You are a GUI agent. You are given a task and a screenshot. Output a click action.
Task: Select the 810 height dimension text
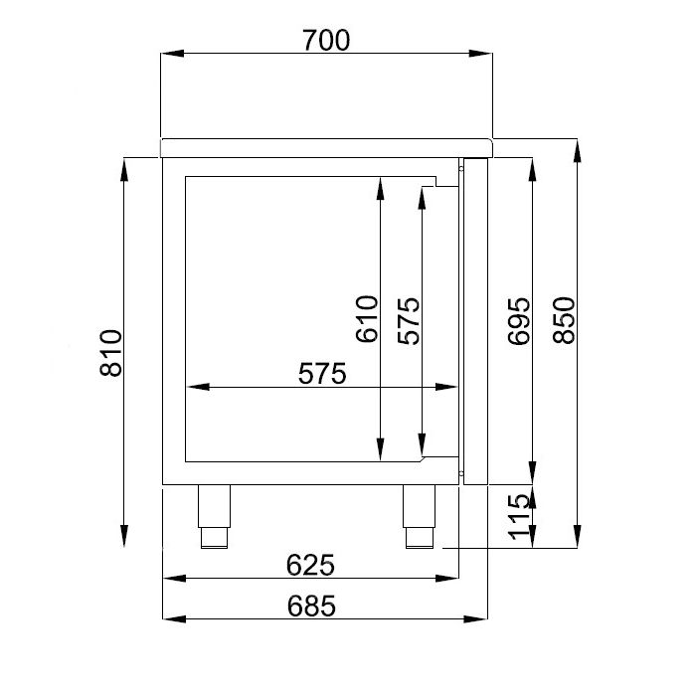click(110, 353)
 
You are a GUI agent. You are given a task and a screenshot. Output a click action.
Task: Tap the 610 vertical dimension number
click(366, 319)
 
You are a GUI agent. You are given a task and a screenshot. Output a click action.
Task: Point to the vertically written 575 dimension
click(408, 319)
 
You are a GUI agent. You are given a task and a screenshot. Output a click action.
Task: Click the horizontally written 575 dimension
click(321, 374)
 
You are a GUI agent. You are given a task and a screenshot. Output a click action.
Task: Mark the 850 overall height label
click(563, 319)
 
